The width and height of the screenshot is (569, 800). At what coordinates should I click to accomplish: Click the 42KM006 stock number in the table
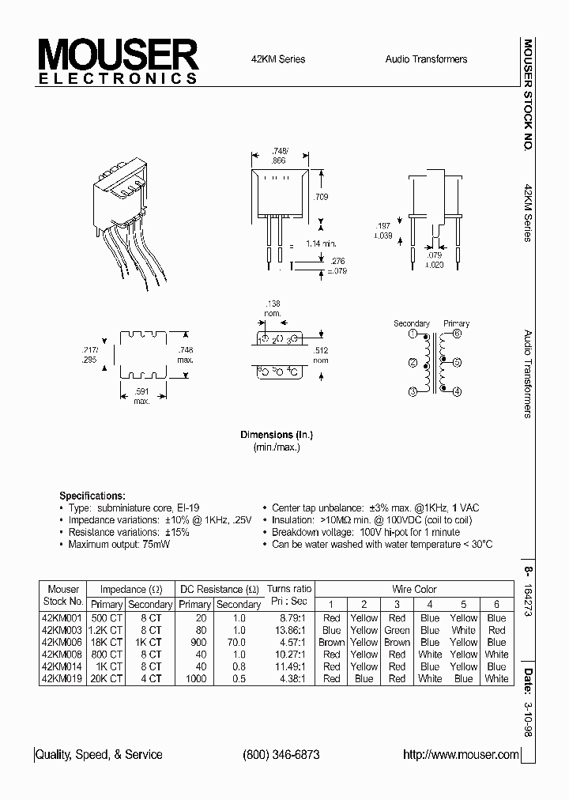coord(62,643)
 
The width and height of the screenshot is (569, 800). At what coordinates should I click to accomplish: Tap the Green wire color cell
coord(397,630)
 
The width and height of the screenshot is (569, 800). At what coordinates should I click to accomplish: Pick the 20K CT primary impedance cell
coord(106,678)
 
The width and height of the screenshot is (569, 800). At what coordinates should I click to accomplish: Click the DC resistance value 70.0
coord(238,643)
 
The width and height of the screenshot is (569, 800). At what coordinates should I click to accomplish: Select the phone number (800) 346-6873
coord(281,755)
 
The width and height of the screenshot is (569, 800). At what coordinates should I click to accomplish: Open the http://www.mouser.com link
coord(461,755)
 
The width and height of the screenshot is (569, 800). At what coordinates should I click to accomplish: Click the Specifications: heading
coord(92,495)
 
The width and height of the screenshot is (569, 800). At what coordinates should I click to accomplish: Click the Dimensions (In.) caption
coord(277,435)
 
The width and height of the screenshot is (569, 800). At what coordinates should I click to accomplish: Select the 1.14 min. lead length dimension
coord(322,243)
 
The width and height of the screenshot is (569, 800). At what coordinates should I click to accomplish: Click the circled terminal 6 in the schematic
coord(456,334)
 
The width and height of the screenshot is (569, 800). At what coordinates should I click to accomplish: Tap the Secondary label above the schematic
coord(411,323)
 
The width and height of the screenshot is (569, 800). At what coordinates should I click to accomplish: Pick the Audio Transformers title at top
coord(426,59)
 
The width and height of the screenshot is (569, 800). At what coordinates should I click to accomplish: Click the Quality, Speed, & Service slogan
coord(101,755)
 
